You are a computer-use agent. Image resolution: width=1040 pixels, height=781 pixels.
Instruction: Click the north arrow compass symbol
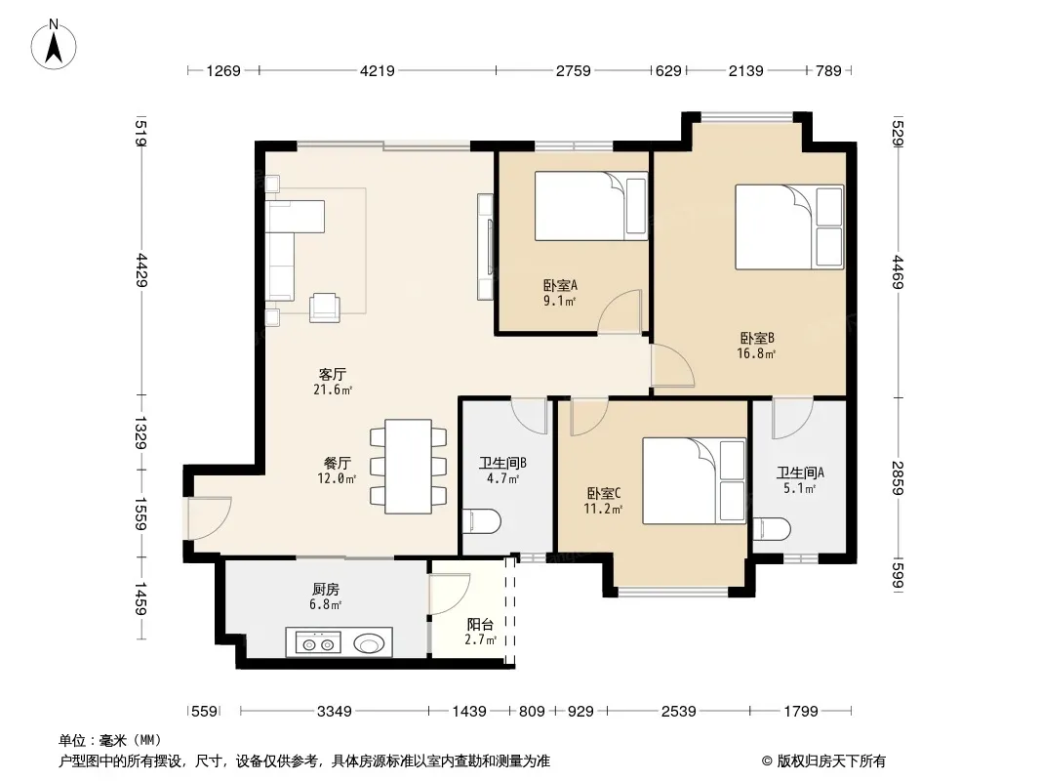pos(54,44)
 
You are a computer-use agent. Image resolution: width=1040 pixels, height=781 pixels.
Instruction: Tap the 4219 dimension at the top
pos(377,70)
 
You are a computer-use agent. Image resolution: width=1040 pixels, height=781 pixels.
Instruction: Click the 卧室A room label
pos(560,285)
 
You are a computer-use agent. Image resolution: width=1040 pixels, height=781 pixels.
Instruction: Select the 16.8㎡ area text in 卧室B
pos(756,353)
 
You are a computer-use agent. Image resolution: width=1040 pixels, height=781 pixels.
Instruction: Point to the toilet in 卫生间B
pos(481,521)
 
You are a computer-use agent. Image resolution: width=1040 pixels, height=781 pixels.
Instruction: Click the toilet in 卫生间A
pos(772,530)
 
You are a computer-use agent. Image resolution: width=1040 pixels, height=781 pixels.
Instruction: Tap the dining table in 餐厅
pos(409,466)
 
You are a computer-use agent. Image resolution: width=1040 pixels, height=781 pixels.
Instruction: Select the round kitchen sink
pos(369,643)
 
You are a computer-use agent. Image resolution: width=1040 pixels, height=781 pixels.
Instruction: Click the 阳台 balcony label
pos(480,625)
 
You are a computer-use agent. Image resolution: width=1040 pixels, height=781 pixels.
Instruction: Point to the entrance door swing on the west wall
pos(209,519)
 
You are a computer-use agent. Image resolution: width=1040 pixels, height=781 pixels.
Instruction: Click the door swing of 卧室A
pos(620,311)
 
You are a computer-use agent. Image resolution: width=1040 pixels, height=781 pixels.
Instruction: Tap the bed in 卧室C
pos(695,480)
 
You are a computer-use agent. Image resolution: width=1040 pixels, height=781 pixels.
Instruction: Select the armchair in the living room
pos(325,308)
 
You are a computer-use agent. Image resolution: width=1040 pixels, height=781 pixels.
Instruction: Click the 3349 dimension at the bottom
pos(335,712)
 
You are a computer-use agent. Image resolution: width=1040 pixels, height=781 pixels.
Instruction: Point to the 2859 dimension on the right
pos(897,477)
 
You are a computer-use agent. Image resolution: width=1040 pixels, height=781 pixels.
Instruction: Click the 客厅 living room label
pos(333,374)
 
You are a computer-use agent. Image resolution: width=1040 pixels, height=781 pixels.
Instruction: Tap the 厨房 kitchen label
pos(326,590)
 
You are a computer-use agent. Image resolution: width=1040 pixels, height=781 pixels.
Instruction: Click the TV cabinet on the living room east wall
pos(486,247)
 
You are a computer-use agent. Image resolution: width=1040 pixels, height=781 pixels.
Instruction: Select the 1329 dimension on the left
pos(140,432)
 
